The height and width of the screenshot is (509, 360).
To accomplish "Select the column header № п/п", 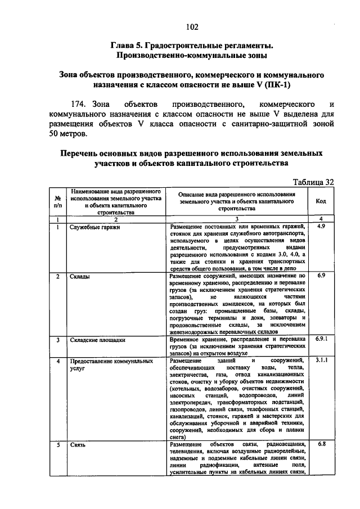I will (57, 201).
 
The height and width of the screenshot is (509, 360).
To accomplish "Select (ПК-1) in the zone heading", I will (277, 85).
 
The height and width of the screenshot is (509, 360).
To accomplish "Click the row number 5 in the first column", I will (57, 445).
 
